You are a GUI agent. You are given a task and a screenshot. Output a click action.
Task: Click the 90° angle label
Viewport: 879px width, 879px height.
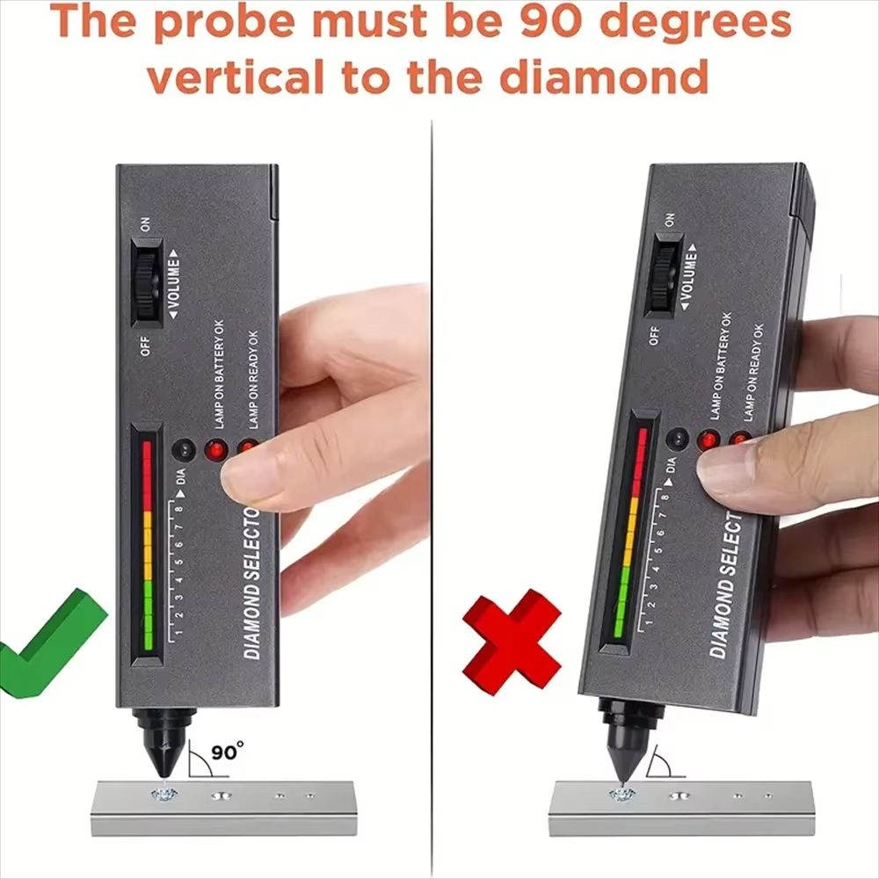click(228, 752)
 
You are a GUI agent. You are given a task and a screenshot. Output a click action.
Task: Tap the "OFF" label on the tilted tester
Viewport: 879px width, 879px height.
click(653, 335)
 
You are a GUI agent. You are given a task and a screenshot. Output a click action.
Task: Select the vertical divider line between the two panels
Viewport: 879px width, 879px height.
click(432, 483)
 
